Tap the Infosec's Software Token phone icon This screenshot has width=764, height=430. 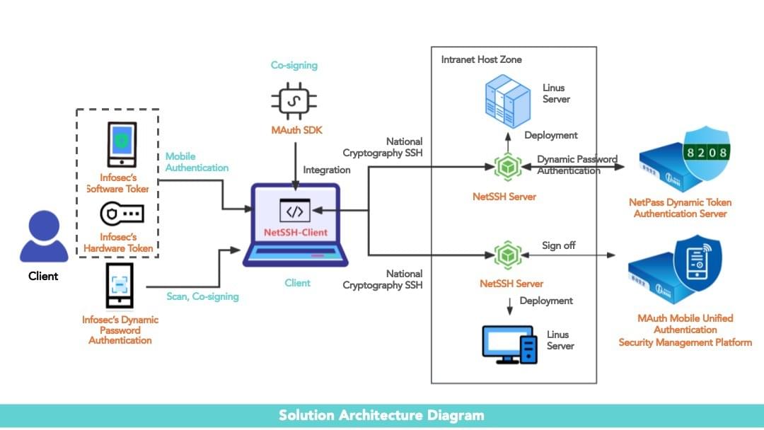point(122,144)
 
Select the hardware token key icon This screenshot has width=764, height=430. point(122,214)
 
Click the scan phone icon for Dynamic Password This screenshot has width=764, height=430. point(120,286)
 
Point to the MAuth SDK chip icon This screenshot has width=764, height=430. point(294,102)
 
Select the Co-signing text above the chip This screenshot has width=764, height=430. point(294,65)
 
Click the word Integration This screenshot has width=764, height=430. point(327,170)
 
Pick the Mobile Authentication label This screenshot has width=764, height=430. point(197,162)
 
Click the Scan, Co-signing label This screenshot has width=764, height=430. point(202,296)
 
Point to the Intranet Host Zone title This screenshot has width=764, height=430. point(481,59)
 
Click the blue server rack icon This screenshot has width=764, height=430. point(507,103)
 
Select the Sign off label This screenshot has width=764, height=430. point(558,245)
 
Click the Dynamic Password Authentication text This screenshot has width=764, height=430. point(577,165)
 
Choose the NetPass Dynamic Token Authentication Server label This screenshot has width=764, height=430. point(680,207)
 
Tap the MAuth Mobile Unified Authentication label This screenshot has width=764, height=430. point(685,324)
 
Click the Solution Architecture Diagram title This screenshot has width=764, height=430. point(381,415)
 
